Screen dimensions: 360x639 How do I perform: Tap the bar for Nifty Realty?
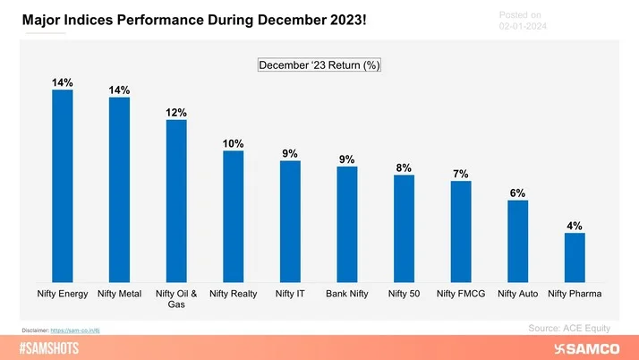point(233,216)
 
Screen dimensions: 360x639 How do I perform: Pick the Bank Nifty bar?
point(347,224)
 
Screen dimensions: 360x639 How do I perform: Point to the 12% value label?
point(175,112)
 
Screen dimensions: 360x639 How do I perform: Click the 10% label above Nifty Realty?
point(233,143)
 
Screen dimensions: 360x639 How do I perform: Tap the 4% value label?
point(575,226)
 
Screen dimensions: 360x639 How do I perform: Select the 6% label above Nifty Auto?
point(517,193)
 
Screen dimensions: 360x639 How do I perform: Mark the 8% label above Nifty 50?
point(404,167)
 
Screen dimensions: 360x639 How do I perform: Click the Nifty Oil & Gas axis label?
point(176,298)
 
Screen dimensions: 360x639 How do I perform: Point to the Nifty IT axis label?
point(290,293)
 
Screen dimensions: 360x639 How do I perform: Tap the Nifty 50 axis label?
point(404,293)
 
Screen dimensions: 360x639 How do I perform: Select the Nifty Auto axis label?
point(517,293)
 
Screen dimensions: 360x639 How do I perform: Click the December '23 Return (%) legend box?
point(319,65)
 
